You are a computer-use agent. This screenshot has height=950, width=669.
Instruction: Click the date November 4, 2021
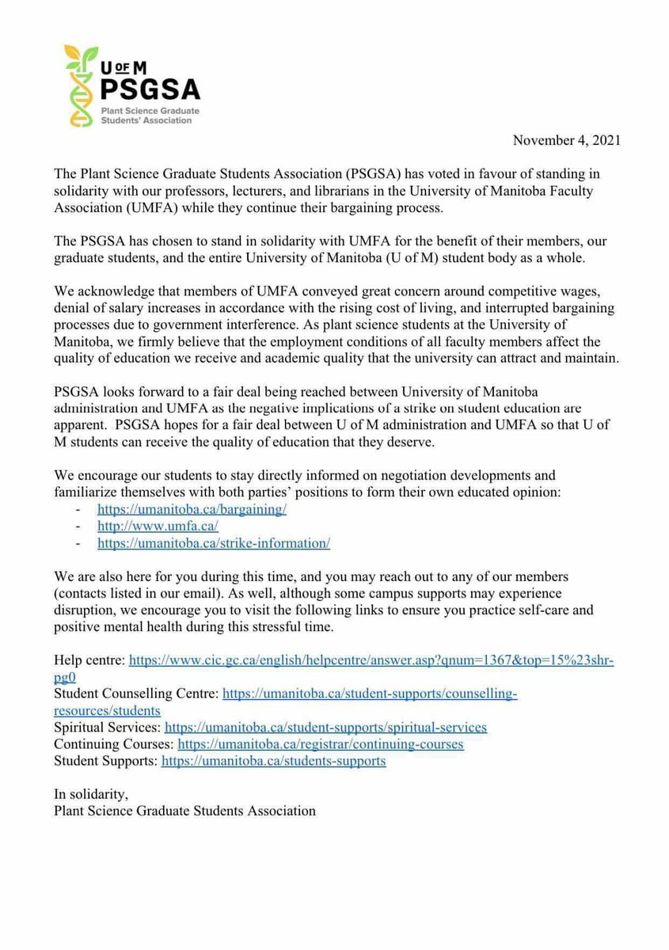(567, 140)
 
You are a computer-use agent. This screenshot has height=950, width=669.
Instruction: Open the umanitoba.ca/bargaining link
(192, 510)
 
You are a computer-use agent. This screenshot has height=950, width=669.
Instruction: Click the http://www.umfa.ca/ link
(158, 526)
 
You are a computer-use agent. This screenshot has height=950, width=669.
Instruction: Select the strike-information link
(213, 543)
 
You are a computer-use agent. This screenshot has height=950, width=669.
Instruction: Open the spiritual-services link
(325, 727)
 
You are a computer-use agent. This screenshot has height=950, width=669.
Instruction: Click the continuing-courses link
(320, 744)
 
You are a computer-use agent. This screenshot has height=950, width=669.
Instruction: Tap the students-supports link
(273, 761)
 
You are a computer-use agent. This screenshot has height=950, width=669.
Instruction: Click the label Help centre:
(89, 659)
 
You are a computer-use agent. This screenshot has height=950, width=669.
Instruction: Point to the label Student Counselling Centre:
(136, 693)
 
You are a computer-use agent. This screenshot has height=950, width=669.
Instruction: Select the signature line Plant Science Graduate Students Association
(184, 811)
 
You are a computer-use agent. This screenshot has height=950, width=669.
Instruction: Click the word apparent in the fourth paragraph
(78, 424)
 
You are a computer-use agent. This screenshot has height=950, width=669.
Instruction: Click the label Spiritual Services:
(108, 727)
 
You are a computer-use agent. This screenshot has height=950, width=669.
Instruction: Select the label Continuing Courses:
(114, 744)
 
